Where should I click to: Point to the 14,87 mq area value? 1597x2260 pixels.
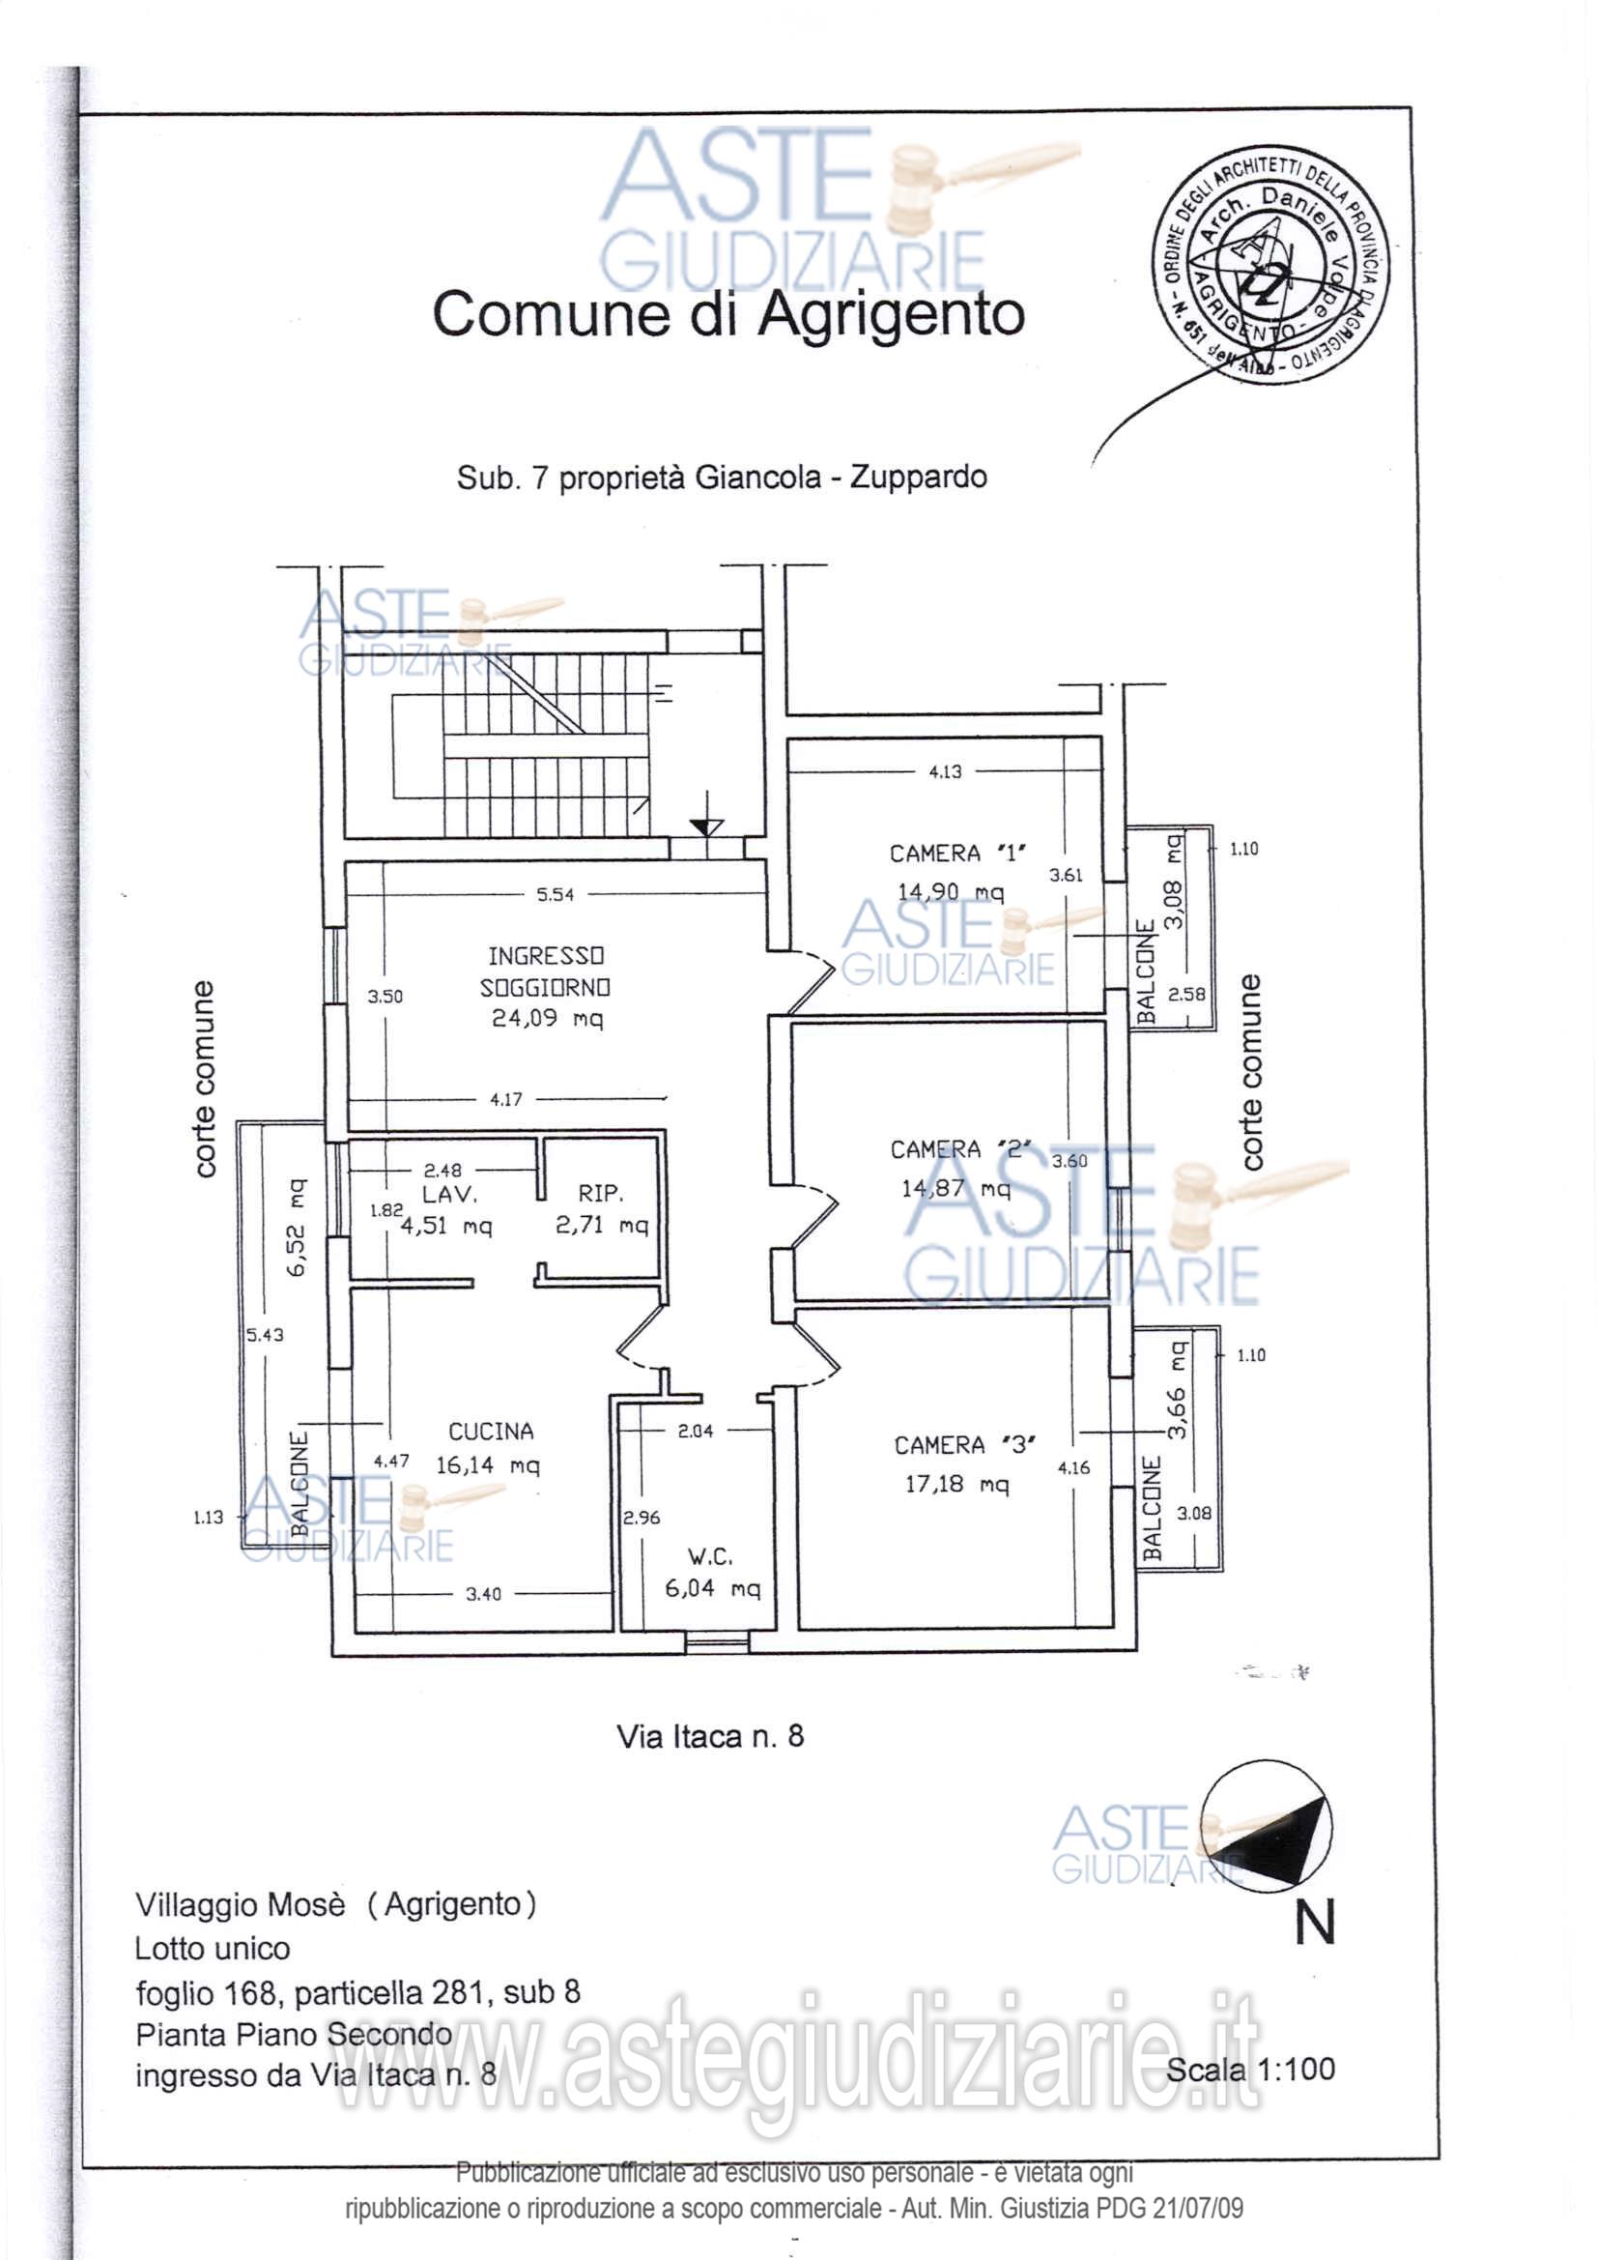[x=955, y=1189]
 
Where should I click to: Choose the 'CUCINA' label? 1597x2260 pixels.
[x=490, y=1432]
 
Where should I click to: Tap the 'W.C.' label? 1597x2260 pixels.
[x=709, y=1557]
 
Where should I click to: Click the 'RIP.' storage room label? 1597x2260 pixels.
[x=600, y=1193]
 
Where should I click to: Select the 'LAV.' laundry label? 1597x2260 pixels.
[x=449, y=1194]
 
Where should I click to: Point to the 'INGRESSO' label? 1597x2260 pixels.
[x=545, y=956]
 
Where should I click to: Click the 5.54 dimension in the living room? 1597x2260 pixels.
[x=555, y=895]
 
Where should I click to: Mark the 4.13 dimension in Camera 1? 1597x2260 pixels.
[x=945, y=771]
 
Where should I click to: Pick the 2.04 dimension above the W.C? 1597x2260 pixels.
[x=695, y=1432]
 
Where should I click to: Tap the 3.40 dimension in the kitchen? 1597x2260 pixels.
[x=483, y=1594]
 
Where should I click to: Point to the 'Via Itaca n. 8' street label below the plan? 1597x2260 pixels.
[x=709, y=1736]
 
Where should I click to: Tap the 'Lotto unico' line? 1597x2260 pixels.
[x=213, y=1949]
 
